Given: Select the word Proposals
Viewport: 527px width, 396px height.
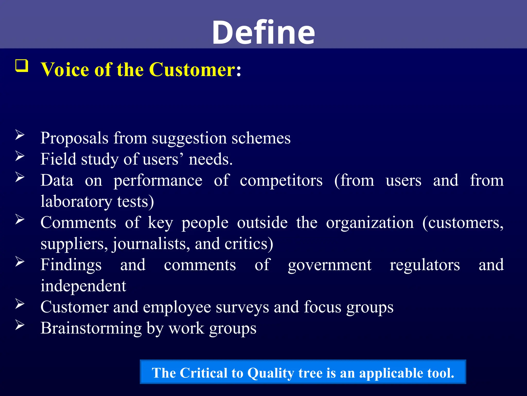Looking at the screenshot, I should (74, 138).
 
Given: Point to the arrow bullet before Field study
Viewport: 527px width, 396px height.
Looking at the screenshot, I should (20, 156).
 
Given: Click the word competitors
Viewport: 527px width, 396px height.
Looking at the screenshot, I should (281, 180).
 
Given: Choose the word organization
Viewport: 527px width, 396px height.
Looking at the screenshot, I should (370, 222).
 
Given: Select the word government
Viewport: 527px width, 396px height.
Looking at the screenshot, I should (330, 265).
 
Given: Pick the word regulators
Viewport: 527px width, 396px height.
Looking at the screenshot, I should (425, 265).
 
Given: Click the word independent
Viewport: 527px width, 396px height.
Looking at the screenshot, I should (83, 286).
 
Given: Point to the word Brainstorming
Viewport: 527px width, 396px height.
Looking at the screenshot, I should (91, 328).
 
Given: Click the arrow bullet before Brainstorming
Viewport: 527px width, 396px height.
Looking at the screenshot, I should (20, 325).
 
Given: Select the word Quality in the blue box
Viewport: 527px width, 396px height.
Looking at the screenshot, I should (270, 373).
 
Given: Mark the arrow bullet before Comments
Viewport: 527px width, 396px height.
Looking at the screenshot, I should (20, 219).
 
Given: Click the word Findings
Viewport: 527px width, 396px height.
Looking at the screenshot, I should (71, 265).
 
